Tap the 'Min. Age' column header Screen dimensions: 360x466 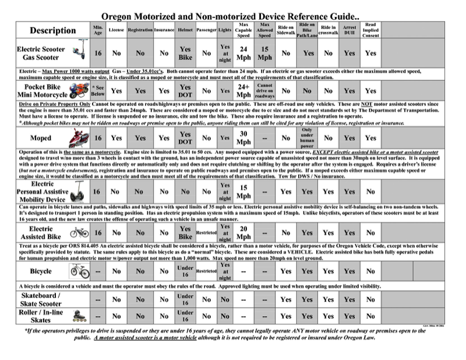click(x=98, y=29)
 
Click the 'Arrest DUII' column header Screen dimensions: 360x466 click(x=349, y=30)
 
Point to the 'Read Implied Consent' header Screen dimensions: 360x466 click(x=370, y=30)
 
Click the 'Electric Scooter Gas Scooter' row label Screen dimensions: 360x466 click(x=41, y=54)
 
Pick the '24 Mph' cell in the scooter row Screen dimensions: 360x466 click(x=244, y=54)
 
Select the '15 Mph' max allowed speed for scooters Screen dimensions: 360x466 click(x=264, y=54)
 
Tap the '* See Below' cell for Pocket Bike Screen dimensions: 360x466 click(x=98, y=91)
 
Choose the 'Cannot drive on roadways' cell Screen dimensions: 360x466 click(x=264, y=91)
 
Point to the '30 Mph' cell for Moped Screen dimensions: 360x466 click(x=244, y=138)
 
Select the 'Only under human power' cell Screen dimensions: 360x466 click(x=307, y=138)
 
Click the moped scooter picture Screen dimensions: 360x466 click(x=77, y=138)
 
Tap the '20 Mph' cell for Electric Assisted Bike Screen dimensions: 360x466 click(x=244, y=233)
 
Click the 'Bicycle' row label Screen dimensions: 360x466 click(x=41, y=271)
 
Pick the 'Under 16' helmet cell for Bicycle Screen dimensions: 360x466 click(x=185, y=271)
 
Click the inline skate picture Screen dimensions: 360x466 click(x=77, y=316)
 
